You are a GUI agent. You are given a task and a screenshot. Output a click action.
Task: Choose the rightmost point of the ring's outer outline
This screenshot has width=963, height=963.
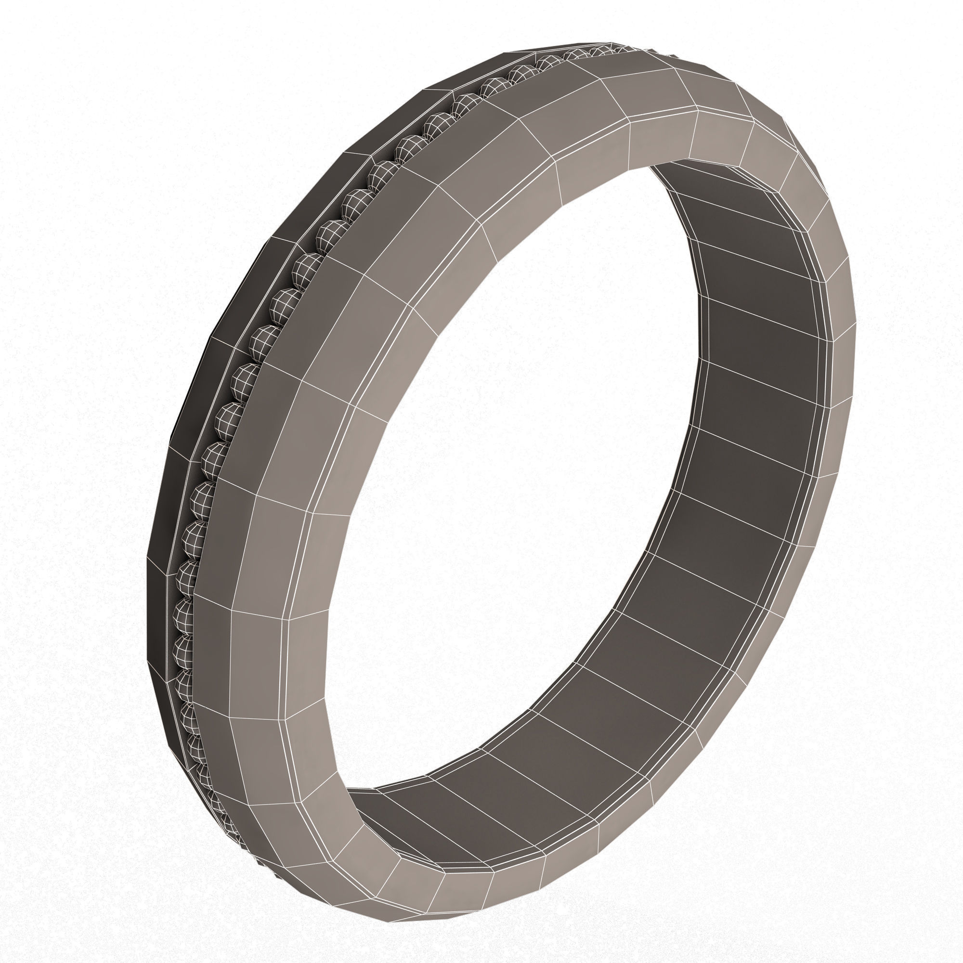856,319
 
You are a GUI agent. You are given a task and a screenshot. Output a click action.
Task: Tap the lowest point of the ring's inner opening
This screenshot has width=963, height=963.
349,790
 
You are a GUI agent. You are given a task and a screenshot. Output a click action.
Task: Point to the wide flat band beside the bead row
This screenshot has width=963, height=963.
279,449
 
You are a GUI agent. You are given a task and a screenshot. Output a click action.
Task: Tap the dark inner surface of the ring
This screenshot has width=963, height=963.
748,449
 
